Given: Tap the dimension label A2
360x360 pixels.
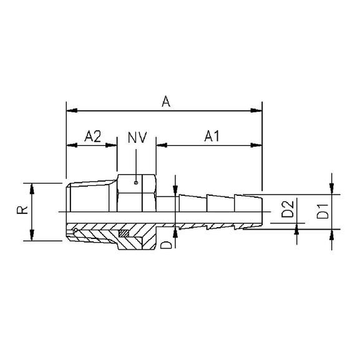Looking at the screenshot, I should [93, 136].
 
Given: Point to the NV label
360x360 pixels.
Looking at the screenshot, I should [137, 137].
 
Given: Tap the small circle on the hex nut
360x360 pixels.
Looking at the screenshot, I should [136, 183].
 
